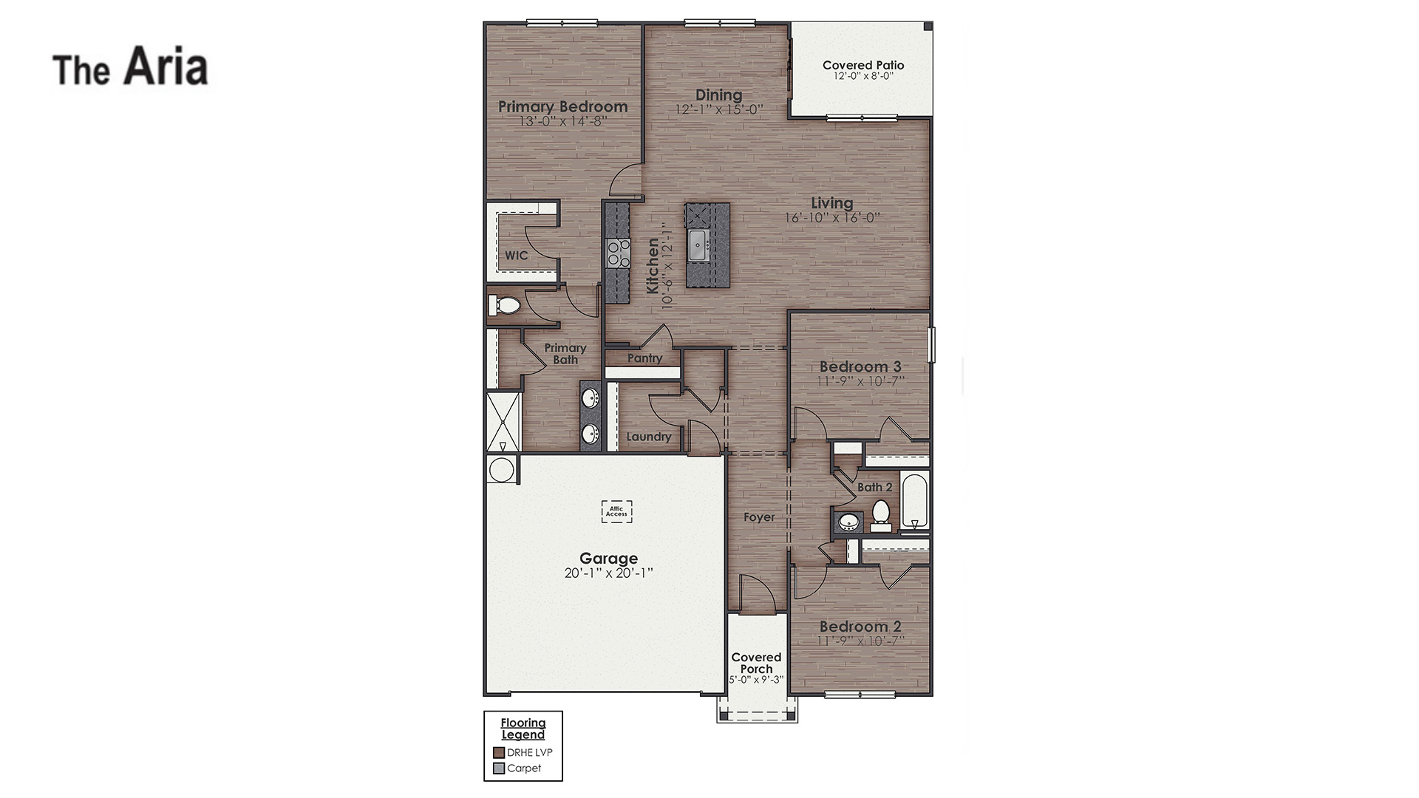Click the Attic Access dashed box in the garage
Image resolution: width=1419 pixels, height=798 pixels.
tap(616, 511)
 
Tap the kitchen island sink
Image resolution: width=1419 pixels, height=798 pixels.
tap(698, 245)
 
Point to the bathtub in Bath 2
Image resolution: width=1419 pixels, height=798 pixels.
tap(914, 501)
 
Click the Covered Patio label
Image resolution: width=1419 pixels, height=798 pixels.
tap(862, 65)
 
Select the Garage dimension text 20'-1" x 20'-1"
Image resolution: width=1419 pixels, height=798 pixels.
tap(608, 573)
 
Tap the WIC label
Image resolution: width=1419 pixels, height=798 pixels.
tap(516, 256)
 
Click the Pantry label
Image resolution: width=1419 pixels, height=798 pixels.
tap(644, 358)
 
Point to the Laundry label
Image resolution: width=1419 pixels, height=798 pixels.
tap(649, 437)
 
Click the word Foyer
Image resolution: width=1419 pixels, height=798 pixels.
tap(759, 517)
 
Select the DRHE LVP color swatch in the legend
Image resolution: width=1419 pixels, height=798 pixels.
tap(499, 753)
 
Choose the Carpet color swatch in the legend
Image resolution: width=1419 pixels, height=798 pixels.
tap(499, 768)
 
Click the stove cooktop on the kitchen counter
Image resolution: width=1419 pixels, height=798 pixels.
tap(618, 253)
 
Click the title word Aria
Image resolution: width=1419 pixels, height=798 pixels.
tap(166, 66)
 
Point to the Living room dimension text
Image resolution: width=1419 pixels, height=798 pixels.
tap(832, 218)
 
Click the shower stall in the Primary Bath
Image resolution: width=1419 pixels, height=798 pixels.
tap(503, 422)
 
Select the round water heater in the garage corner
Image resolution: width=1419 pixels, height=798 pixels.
tap(501, 470)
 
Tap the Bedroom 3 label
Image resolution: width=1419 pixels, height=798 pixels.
tap(860, 366)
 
